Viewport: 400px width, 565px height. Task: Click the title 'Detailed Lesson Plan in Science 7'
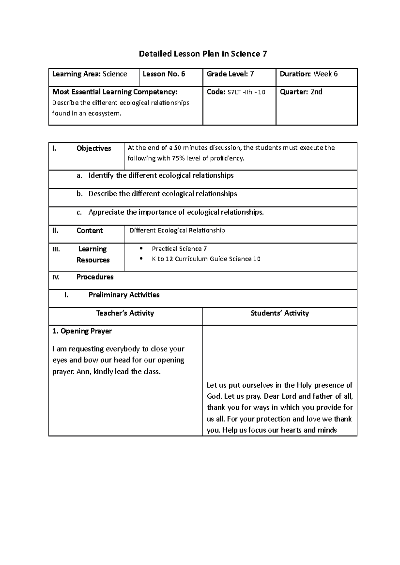(x=203, y=54)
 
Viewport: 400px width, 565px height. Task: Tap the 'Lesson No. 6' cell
(x=164, y=74)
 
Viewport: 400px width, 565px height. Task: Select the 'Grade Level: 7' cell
(x=230, y=74)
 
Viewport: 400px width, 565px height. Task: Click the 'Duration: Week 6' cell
(x=309, y=74)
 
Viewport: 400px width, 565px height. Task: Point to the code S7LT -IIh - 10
(x=246, y=92)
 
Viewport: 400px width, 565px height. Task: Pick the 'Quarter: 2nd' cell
(x=301, y=92)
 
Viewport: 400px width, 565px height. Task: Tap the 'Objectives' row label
(x=94, y=148)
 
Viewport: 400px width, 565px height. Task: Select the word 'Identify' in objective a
(x=101, y=175)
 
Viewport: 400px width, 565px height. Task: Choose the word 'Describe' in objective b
(x=102, y=194)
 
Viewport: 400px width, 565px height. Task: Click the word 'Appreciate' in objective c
(x=106, y=212)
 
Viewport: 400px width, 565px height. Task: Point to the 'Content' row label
(x=89, y=231)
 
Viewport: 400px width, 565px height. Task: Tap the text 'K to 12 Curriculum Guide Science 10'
(x=206, y=259)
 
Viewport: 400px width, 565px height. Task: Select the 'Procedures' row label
(x=95, y=277)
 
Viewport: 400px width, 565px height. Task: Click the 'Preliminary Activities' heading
(x=124, y=295)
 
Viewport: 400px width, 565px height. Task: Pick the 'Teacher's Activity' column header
(x=125, y=313)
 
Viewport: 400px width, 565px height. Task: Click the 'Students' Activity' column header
(x=280, y=313)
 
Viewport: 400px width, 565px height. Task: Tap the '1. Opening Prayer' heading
(x=82, y=331)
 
